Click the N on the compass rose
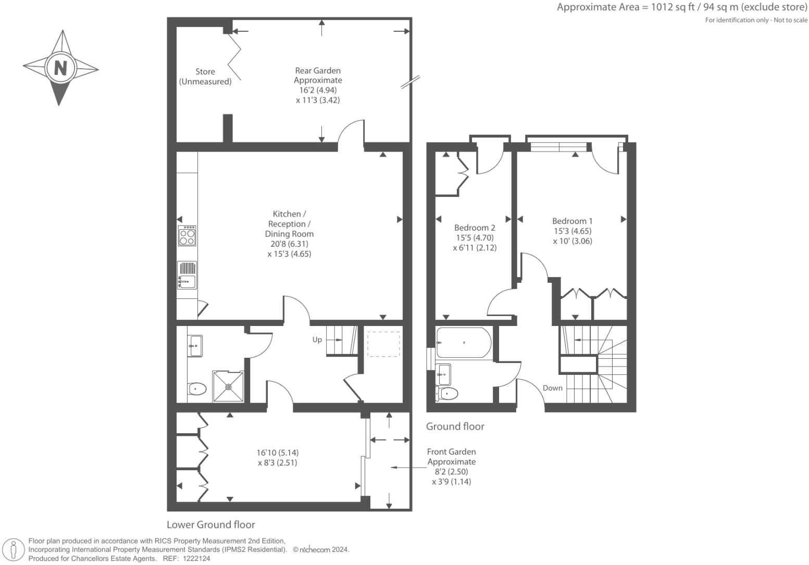tap(61, 68)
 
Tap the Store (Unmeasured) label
tap(205, 77)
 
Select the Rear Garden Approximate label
tap(318, 76)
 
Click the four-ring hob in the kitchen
tap(187, 236)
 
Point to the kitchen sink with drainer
tap(187, 275)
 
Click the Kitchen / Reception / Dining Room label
tap(289, 224)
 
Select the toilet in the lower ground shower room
tap(197, 388)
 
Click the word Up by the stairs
tap(317, 340)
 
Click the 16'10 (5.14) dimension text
tap(278, 453)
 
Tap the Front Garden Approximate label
tap(451, 457)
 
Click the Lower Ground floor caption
tap(211, 524)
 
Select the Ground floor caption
tap(455, 426)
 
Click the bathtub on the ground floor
tap(463, 343)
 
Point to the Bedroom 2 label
tap(475, 228)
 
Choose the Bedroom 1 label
tap(572, 221)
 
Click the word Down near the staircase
tap(552, 388)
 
